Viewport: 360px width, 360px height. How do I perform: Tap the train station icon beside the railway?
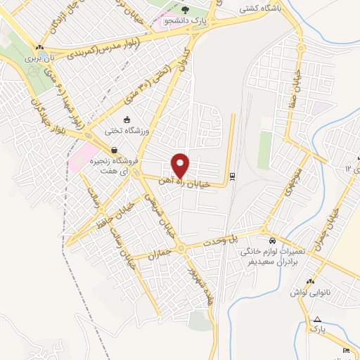point(233,176)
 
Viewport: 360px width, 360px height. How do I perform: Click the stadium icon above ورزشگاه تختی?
point(126,119)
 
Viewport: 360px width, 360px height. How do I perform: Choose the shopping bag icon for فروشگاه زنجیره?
point(113,150)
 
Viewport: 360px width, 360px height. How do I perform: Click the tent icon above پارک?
point(318,319)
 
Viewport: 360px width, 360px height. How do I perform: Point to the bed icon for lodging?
point(345,349)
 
